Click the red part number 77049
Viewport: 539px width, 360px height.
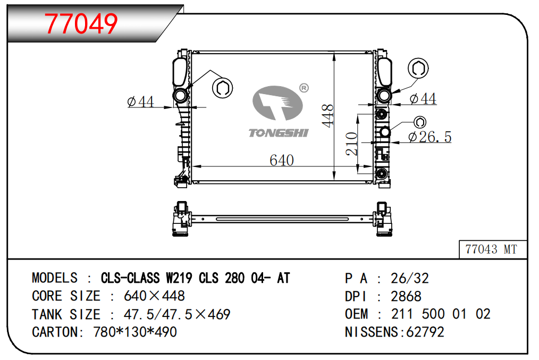point(81,24)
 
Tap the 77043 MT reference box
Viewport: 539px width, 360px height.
point(493,249)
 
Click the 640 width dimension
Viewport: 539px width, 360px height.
point(282,160)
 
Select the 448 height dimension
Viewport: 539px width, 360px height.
point(328,116)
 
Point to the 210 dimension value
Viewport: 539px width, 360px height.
point(352,144)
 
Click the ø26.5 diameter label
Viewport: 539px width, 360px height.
point(429,137)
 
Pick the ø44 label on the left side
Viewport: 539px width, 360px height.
point(140,102)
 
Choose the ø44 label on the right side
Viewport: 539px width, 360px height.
point(423,99)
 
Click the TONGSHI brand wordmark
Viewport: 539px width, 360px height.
point(279,133)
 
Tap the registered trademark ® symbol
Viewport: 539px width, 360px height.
point(304,88)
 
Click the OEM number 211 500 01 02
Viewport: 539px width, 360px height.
point(441,314)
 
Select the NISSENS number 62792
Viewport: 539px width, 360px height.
point(425,332)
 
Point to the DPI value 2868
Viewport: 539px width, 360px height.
point(406,296)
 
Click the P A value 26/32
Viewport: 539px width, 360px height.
point(410,278)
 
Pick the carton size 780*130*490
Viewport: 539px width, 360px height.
point(135,332)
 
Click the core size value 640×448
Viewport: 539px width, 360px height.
point(154,296)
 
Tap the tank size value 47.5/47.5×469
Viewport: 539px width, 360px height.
point(177,314)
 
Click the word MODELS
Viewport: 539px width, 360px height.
point(55,278)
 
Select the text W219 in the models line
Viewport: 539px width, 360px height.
point(179,278)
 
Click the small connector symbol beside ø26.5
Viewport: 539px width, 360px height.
point(419,122)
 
